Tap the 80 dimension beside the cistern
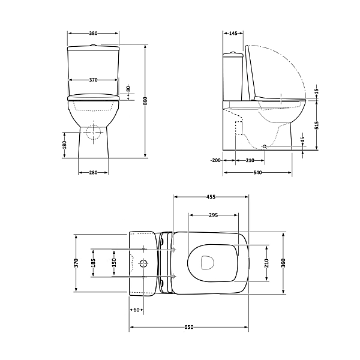pos(128,88)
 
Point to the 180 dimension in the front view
pos(64,144)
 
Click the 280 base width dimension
pos(93,173)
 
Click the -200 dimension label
pos(216,160)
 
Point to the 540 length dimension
pos(258,173)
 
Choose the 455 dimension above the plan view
pos(211,197)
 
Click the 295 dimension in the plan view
pos(212,215)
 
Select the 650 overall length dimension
pos(188,327)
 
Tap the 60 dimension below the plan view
pos(136,310)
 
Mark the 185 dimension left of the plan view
pos(93,263)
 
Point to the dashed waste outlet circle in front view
pos(94,133)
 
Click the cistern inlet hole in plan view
pos(143,263)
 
